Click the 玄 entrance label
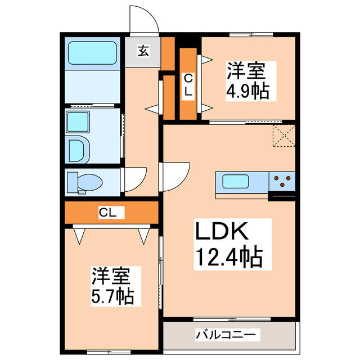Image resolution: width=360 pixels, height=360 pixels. pyautogui.click(x=143, y=52)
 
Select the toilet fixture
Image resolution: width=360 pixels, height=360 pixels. pyautogui.click(x=84, y=182)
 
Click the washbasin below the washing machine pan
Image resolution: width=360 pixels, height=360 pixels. pyautogui.click(x=78, y=150)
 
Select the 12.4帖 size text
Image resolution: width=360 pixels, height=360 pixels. pyautogui.click(x=228, y=257)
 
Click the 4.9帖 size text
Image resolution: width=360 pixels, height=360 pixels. pyautogui.click(x=247, y=90)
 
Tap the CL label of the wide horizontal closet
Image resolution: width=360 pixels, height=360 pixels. pyautogui.click(x=109, y=212)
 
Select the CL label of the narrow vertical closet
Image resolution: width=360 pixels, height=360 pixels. pyautogui.click(x=188, y=84)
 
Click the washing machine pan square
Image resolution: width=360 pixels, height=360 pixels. pyautogui.click(x=76, y=121)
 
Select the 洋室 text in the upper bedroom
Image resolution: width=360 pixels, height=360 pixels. pyautogui.click(x=246, y=71)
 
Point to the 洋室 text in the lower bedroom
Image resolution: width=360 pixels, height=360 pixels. pyautogui.click(x=111, y=276)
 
